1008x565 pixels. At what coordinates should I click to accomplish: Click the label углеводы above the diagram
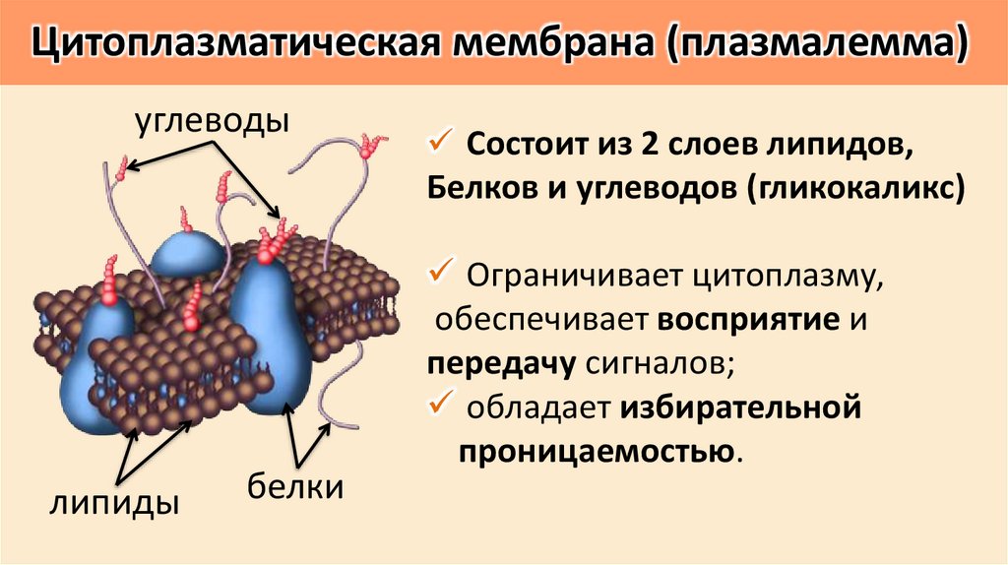point(211,122)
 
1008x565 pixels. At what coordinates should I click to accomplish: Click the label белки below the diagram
point(294,486)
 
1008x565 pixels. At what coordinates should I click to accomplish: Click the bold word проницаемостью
point(595,450)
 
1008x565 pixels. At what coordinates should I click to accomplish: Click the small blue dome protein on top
point(188,250)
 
